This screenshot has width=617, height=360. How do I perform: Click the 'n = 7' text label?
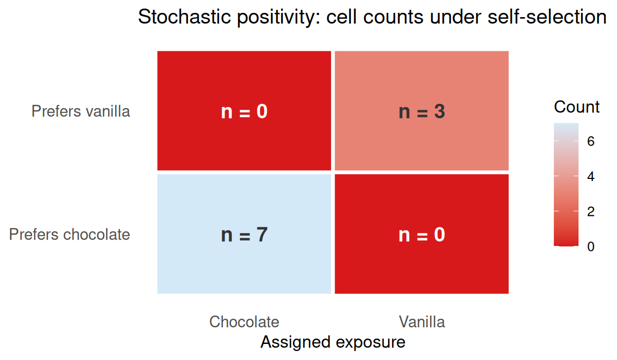[244, 235]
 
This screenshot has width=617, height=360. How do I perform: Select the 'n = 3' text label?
[422, 112]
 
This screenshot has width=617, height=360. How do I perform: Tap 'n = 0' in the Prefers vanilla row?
[244, 112]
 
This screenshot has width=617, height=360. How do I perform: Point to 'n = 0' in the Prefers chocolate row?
[422, 235]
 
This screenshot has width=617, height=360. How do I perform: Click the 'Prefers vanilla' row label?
[80, 111]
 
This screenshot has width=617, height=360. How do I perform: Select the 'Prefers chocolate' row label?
[70, 235]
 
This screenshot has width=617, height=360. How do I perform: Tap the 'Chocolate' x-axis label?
[244, 321]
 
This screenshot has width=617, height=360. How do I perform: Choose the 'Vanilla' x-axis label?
[422, 321]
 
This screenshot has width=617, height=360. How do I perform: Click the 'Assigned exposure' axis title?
[333, 342]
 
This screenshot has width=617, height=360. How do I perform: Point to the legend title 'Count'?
[577, 107]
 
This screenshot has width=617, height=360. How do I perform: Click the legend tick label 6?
[591, 141]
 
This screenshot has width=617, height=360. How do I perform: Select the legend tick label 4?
[591, 176]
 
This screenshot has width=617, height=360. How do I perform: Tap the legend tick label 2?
[591, 212]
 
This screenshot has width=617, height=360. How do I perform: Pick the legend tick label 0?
[591, 246]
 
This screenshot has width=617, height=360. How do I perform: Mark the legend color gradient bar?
[566, 184]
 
